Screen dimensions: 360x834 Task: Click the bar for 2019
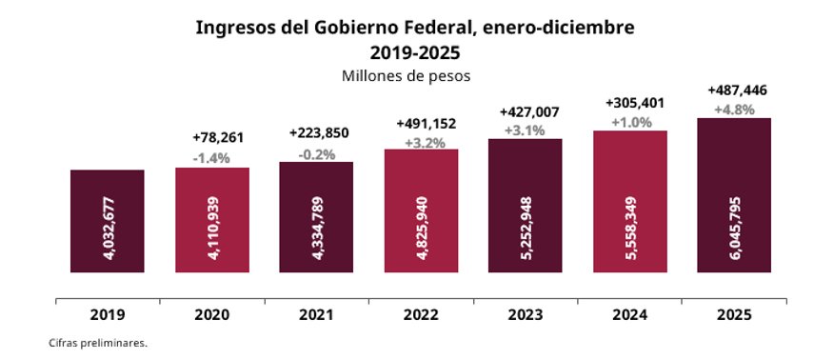(108, 221)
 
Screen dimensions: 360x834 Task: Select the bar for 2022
(421, 210)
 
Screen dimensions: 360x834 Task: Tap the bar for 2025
(734, 195)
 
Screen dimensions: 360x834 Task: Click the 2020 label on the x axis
(212, 314)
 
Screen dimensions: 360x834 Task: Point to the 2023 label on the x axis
(526, 314)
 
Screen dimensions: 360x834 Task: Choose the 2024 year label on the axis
(630, 314)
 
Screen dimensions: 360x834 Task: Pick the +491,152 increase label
(421, 126)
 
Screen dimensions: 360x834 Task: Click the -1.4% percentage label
(211, 158)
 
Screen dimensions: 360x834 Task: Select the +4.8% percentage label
(734, 109)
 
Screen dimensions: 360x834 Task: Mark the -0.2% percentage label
(316, 152)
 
